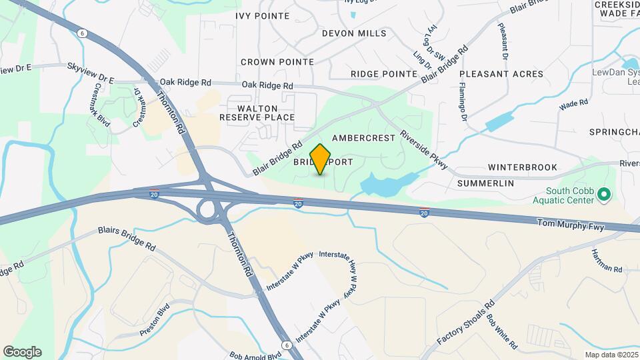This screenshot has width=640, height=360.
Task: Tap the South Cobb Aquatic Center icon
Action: click(605, 195)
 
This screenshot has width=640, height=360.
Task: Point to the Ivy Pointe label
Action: click(263, 15)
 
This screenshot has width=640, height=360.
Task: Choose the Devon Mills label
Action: click(353, 33)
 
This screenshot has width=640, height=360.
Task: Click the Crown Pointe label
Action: click(277, 61)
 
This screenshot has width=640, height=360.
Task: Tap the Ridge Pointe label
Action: click(383, 73)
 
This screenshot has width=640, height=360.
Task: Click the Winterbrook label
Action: click(522, 167)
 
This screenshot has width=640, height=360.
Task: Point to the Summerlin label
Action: click(485, 182)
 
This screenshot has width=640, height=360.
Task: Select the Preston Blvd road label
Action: click(155, 321)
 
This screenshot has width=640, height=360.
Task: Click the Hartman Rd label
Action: click(607, 261)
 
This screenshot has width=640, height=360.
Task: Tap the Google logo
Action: click(22, 351)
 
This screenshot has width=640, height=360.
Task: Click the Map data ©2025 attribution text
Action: click(610, 355)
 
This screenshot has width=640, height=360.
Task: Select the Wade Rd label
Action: click(573, 104)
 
